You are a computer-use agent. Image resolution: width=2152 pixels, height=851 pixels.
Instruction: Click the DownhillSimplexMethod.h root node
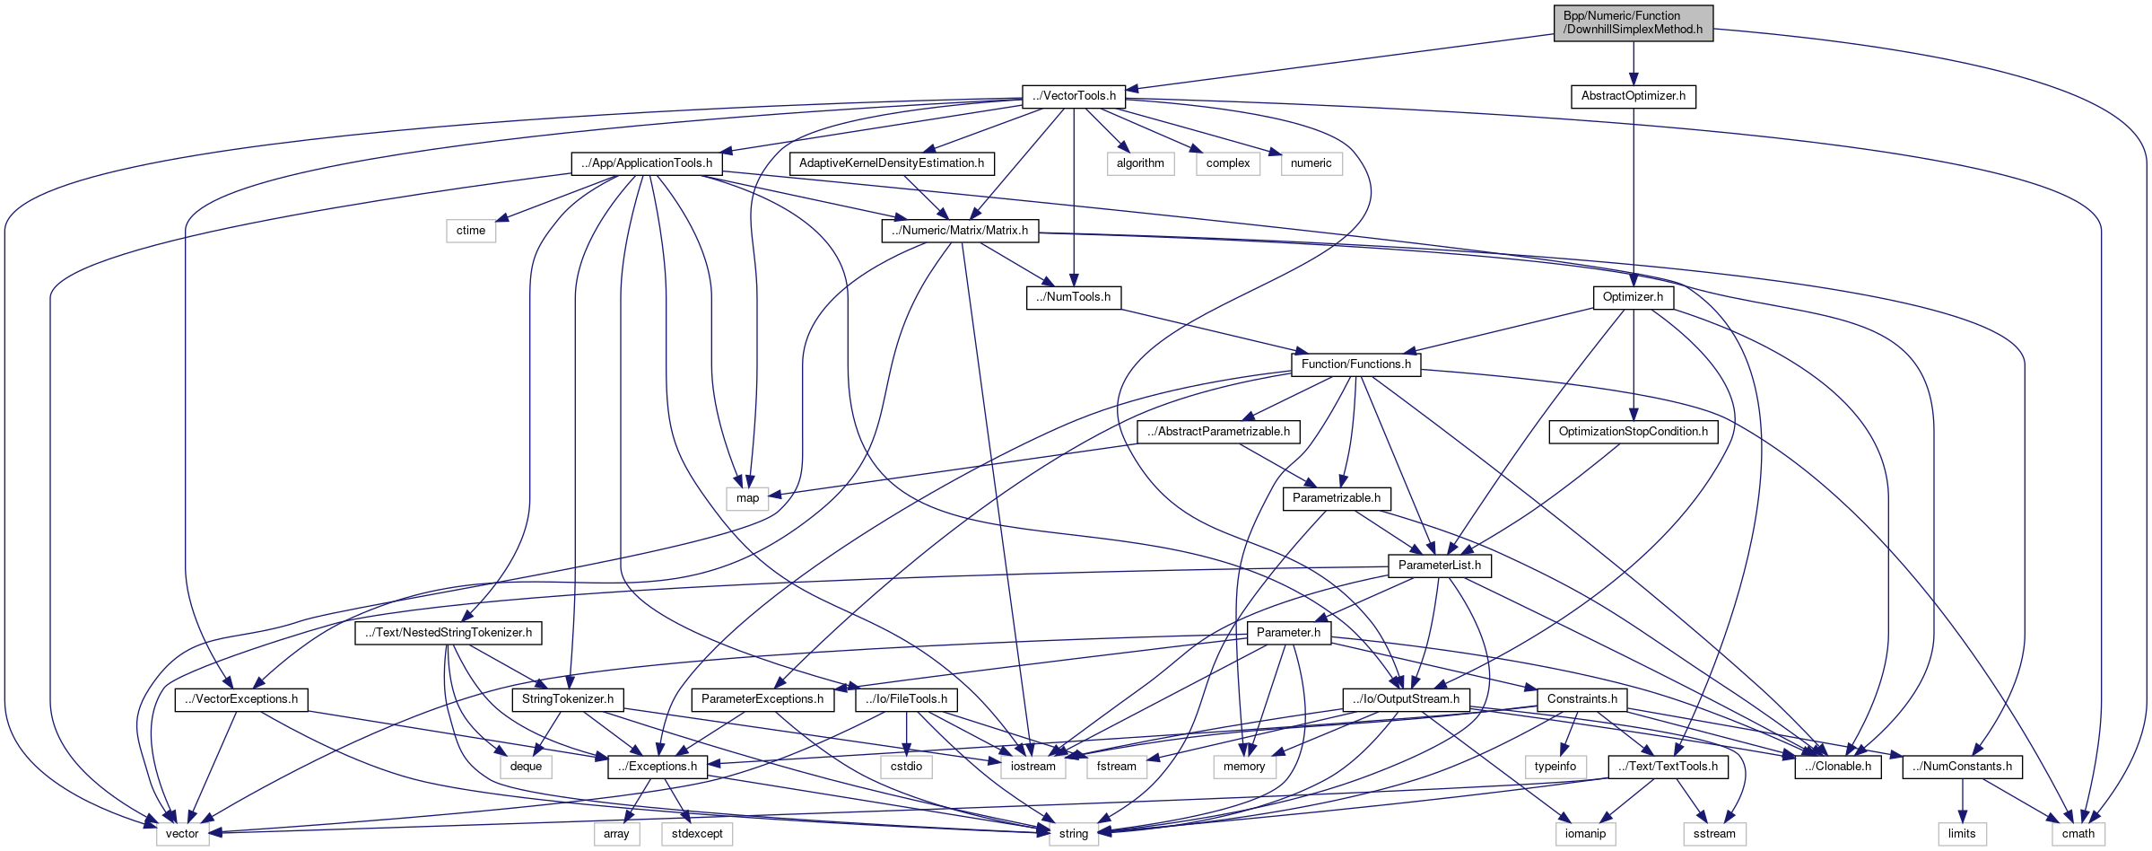click(1633, 22)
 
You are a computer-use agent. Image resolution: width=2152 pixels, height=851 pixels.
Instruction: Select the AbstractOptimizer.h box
click(1633, 96)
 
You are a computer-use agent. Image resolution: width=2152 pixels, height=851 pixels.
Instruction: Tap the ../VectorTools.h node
click(1074, 96)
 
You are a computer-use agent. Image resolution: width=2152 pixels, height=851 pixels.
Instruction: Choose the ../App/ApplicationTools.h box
click(647, 163)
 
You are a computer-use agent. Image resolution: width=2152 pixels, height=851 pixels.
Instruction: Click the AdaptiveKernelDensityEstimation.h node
click(891, 163)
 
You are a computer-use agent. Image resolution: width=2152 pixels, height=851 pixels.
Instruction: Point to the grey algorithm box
click(1140, 163)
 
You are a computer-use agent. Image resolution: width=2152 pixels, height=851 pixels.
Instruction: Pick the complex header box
click(1227, 163)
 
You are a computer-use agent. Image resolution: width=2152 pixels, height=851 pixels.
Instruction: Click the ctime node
click(471, 231)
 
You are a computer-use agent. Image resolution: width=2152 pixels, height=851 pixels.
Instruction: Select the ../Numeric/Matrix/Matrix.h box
click(960, 231)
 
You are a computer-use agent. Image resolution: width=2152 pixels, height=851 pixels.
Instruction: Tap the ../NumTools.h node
click(1074, 297)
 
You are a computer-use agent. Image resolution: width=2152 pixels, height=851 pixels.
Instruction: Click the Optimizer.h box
click(1633, 297)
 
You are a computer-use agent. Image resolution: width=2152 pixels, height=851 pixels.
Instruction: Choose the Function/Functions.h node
click(1355, 364)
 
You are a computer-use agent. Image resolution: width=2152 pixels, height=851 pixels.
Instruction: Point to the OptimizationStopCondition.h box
click(1633, 432)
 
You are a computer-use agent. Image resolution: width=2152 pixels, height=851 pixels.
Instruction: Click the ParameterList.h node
click(1440, 566)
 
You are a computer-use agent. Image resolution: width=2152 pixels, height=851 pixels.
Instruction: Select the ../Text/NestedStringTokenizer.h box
click(449, 633)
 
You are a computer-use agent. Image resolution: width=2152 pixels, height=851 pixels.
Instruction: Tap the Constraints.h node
click(1581, 699)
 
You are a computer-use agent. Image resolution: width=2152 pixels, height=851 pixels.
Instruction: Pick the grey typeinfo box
click(1555, 767)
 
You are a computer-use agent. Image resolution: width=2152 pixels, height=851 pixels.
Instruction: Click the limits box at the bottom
click(1962, 834)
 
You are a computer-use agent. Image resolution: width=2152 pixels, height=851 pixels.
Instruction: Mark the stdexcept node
click(697, 834)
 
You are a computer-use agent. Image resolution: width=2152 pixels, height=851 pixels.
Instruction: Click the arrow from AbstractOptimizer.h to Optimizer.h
click(1634, 197)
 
